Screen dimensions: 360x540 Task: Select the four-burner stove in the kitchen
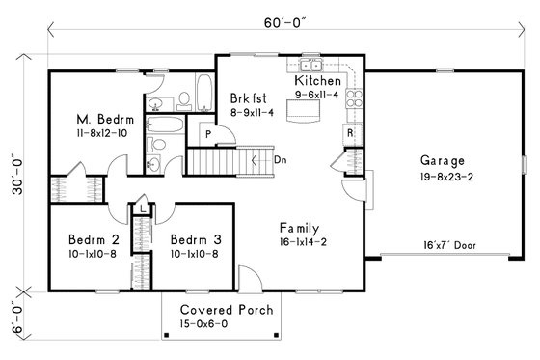pyautogui.click(x=352, y=96)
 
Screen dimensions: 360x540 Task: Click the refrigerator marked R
pyautogui.click(x=349, y=130)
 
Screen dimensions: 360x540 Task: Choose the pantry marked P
pyautogui.click(x=206, y=131)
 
